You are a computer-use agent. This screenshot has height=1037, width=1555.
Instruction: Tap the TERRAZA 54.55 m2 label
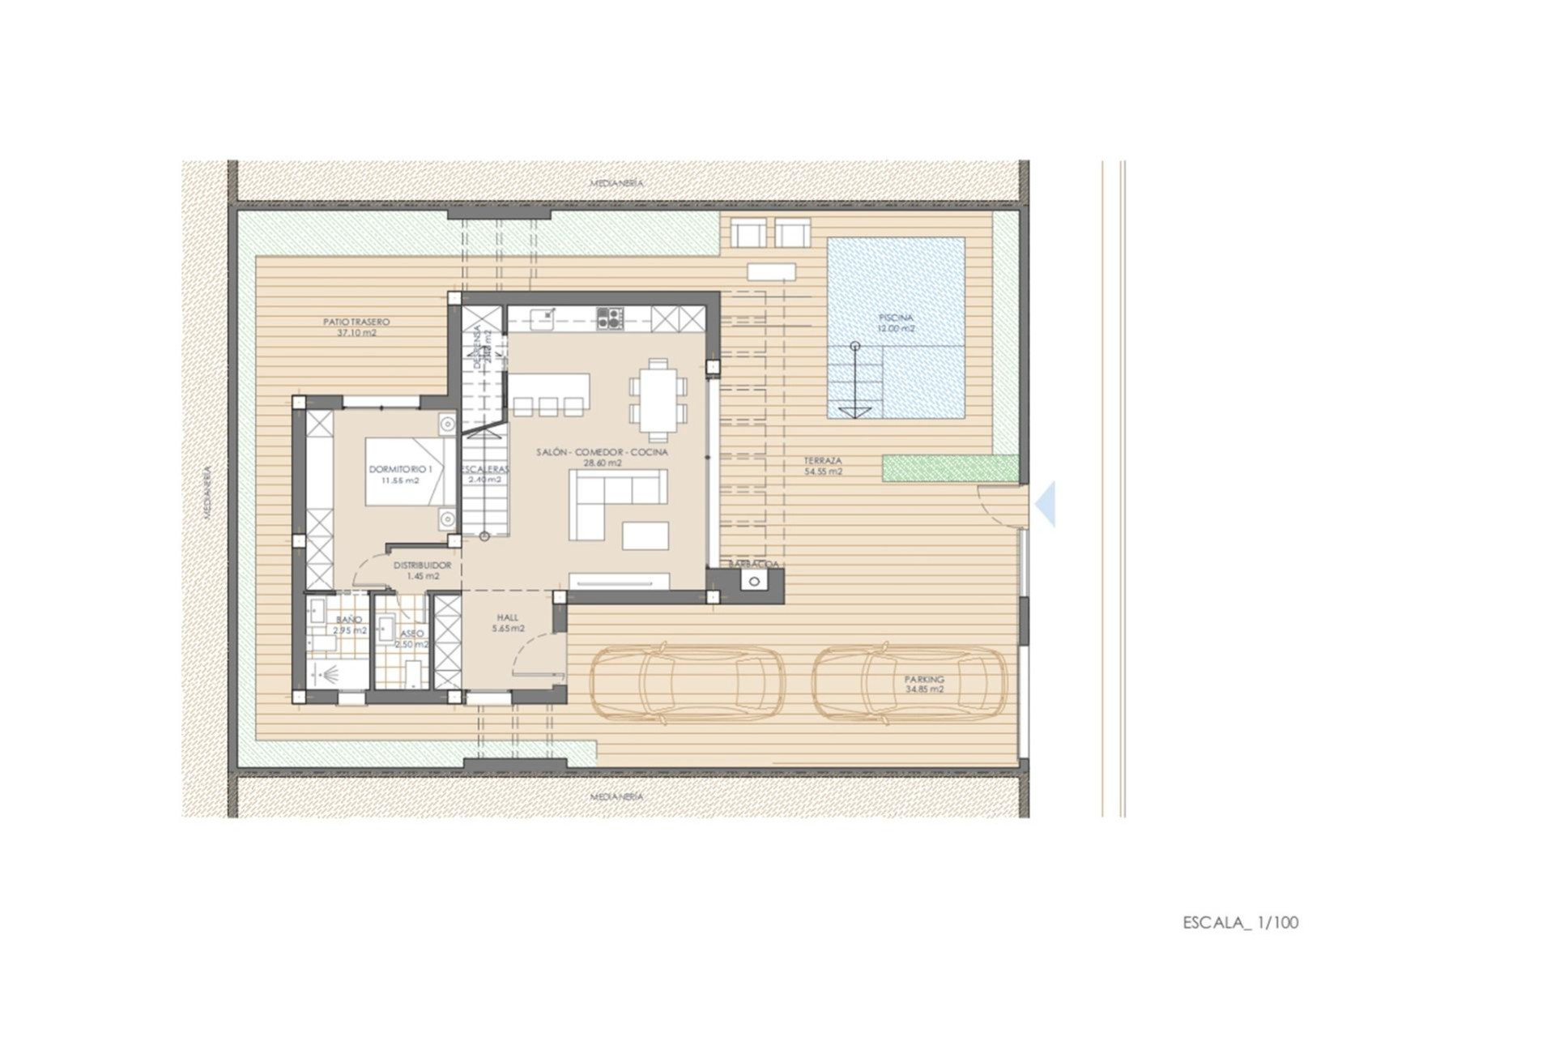[822, 466]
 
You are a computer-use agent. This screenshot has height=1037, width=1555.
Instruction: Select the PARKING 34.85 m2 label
[924, 685]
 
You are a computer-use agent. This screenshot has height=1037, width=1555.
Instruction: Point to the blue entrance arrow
[1046, 504]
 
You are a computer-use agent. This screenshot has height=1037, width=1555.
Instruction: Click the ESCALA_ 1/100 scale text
[1240, 922]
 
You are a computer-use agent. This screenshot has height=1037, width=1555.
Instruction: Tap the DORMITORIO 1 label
[400, 474]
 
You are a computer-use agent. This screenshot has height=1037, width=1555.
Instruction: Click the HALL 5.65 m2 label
[508, 622]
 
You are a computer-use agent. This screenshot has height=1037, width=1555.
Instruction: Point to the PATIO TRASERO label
[356, 326]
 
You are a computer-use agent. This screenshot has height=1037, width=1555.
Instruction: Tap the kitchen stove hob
[610, 318]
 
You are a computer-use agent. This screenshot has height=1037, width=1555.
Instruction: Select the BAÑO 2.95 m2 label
[349, 625]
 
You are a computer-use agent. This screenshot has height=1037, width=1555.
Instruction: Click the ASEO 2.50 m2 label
[411, 639]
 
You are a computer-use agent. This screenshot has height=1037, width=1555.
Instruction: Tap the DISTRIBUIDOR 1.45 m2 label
[422, 570]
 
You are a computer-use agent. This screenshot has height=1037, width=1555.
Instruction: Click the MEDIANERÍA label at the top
[616, 183]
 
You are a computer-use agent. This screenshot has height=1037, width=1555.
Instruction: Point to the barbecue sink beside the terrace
[755, 581]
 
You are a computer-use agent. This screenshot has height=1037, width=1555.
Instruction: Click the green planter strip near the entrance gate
[949, 468]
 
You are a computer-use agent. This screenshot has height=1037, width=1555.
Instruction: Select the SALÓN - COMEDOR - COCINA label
[602, 457]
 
